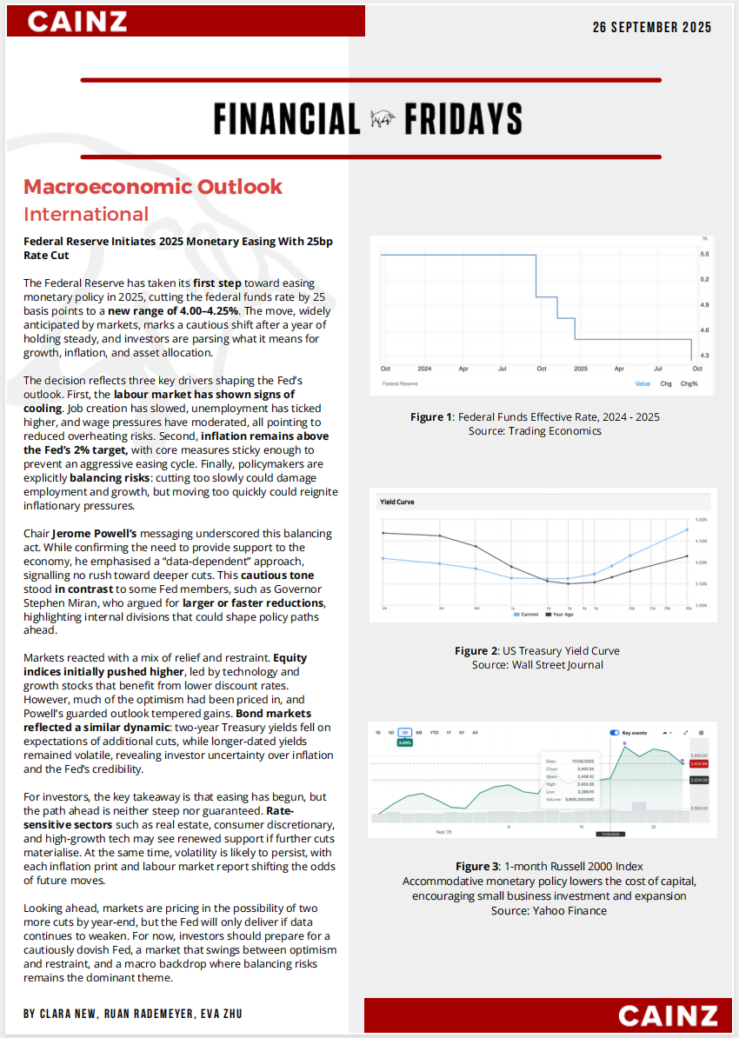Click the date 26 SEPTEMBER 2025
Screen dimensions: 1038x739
pyautogui.click(x=652, y=27)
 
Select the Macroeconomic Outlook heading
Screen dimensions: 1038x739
pyautogui.click(x=153, y=186)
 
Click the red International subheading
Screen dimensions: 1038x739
pyautogui.click(x=86, y=214)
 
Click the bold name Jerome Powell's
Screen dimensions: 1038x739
pyautogui.click(x=93, y=533)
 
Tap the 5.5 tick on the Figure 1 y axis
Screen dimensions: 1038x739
pyautogui.click(x=704, y=254)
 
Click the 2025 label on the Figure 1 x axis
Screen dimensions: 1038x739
pyautogui.click(x=580, y=369)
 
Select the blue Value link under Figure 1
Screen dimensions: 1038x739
pyautogui.click(x=642, y=383)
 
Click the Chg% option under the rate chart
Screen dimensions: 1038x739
pyautogui.click(x=689, y=383)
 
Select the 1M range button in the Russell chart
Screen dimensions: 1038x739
pyautogui.click(x=404, y=733)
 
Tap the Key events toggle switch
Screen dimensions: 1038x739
pyautogui.click(x=616, y=733)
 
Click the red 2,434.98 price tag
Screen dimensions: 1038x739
pyautogui.click(x=699, y=763)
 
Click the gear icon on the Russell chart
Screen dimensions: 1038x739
pyautogui.click(x=702, y=733)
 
